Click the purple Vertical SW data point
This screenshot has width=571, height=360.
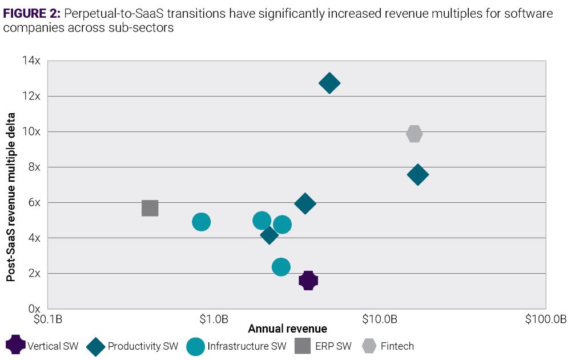pos(308,281)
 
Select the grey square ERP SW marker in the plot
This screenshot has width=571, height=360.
pos(150,208)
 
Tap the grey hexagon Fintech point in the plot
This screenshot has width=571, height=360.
pos(415,134)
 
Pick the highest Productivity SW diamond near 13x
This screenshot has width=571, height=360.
pos(329,83)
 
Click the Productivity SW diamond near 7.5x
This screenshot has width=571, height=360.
pos(417,175)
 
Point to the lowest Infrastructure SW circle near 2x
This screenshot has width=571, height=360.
pos(281,267)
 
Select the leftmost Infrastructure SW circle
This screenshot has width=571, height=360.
pos(201,222)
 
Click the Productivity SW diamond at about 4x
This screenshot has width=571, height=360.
pos(269,234)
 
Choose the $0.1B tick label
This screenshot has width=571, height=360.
pos(49,319)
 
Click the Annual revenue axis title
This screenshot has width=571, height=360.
pos(287,329)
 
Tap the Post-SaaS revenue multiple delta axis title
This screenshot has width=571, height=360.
pos(11,198)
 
